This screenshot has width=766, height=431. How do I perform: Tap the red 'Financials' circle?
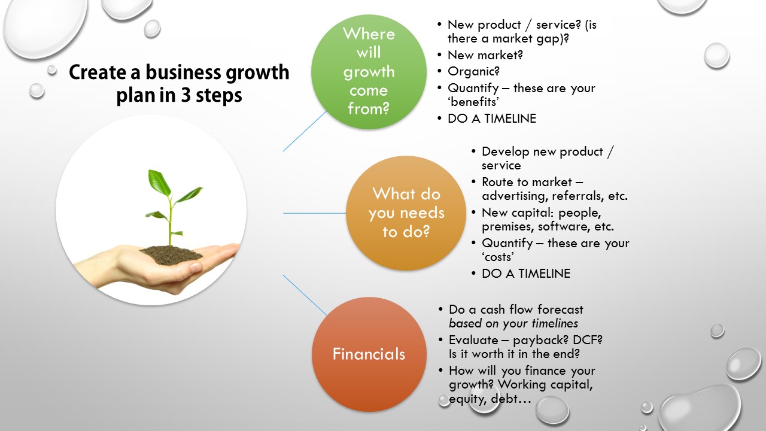click(x=369, y=354)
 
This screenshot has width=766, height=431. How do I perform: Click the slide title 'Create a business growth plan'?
click(x=179, y=83)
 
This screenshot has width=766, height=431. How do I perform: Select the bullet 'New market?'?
click(x=485, y=55)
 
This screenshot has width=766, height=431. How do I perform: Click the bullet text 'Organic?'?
click(x=474, y=71)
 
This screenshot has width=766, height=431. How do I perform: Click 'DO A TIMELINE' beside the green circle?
click(x=492, y=119)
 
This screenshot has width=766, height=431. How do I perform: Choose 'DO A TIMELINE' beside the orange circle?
click(x=526, y=274)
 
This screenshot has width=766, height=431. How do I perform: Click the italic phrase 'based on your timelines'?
click(x=513, y=324)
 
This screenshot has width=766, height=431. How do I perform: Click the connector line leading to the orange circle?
click(x=314, y=213)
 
